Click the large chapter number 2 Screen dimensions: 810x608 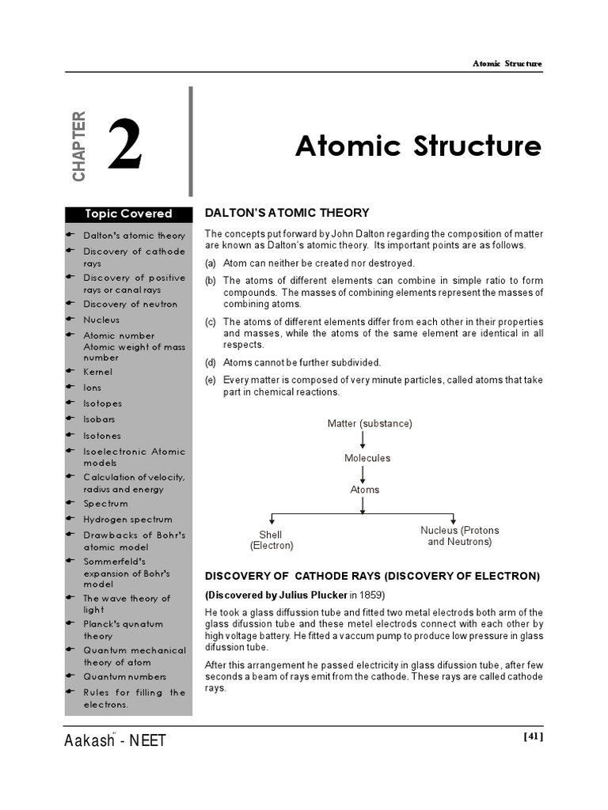[125, 146]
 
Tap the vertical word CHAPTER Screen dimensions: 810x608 [78, 146]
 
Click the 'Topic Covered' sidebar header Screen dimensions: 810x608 [128, 214]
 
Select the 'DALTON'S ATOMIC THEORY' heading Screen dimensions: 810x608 [287, 213]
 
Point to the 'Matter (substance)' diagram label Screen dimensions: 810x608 [370, 424]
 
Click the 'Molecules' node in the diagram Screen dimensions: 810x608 [367, 458]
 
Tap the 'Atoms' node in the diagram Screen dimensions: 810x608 [364, 490]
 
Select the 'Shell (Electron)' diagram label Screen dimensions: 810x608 [272, 540]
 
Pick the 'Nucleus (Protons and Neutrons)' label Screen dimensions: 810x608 [459, 536]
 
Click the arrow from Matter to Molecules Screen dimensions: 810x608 [363, 441]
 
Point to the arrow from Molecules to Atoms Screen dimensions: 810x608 [363, 474]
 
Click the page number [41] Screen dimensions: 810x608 [534, 736]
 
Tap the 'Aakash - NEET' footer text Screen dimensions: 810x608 [116, 741]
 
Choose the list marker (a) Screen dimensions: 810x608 [211, 263]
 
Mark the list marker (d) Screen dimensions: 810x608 [211, 362]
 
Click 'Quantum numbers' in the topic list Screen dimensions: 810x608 [125, 677]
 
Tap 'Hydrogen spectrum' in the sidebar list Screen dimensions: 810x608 [127, 520]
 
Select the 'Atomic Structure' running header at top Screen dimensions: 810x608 [507, 64]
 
